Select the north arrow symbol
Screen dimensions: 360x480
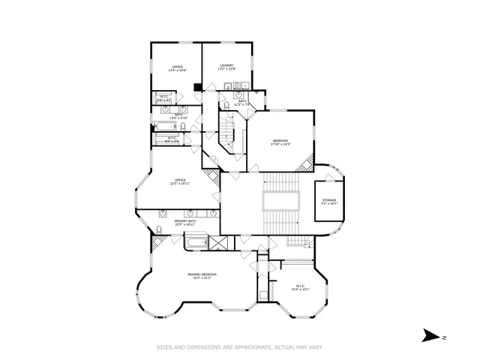[x=430, y=335]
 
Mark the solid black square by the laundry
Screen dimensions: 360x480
[x=197, y=87]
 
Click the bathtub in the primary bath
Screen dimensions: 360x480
[x=196, y=242]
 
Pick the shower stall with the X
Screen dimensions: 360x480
[x=220, y=242]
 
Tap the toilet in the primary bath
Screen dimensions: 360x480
[x=160, y=229]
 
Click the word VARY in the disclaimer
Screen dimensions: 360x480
[x=315, y=347]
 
